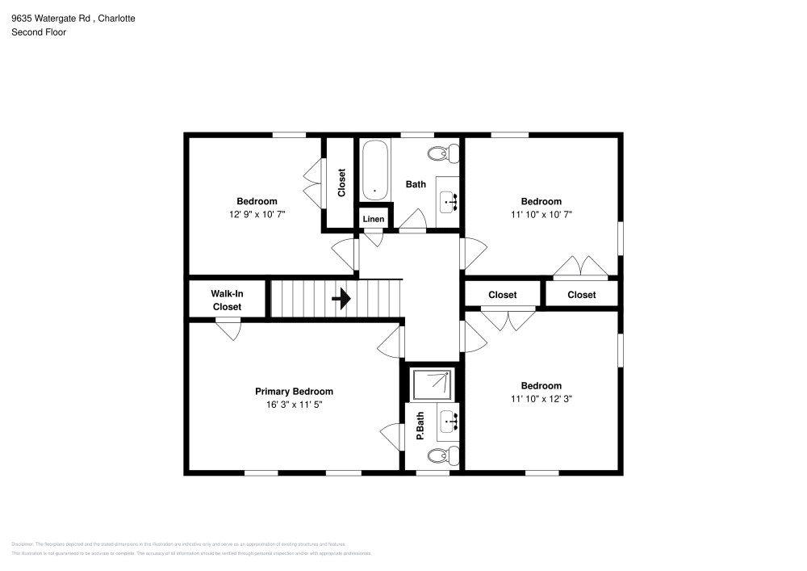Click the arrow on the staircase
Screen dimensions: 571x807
click(341, 299)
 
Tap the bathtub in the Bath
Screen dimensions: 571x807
click(374, 170)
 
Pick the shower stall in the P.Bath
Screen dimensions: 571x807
click(433, 384)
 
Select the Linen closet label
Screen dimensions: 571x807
click(374, 219)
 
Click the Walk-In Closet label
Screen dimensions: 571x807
click(227, 300)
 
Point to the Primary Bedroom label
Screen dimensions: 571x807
click(294, 392)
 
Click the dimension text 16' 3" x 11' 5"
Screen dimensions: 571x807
click(294, 405)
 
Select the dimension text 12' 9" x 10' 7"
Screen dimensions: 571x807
click(257, 215)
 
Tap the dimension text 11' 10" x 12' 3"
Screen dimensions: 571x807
click(541, 398)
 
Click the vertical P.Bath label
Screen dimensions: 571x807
click(420, 426)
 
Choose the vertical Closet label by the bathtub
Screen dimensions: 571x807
click(341, 183)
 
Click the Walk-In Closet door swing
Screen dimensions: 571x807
click(228, 329)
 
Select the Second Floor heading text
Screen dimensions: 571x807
click(39, 32)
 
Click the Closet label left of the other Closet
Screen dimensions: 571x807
click(502, 295)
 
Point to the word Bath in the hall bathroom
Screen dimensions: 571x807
click(416, 184)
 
